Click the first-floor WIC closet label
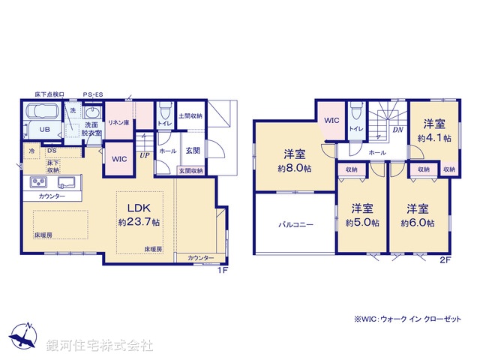[x=118, y=159]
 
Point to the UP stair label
[x=142, y=156]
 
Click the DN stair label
[x=397, y=129]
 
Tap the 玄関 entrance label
[x=193, y=150]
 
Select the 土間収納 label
[x=191, y=115]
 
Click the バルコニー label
[x=295, y=223]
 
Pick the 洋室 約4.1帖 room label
[x=434, y=131]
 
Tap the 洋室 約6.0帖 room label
[x=417, y=216]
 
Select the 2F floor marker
[x=445, y=260]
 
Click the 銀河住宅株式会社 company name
[x=100, y=346]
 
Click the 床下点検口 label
[x=49, y=94]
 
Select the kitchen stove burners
[x=39, y=182]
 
